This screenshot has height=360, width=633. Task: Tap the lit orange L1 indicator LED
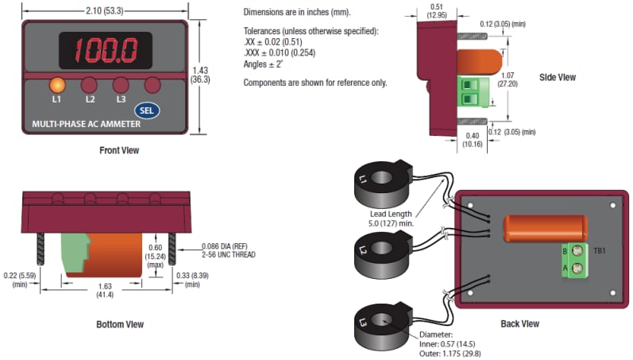point(56,85)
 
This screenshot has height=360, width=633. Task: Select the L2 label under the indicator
point(90,99)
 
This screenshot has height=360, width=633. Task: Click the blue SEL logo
point(145,110)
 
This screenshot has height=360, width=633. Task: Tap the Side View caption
point(557,77)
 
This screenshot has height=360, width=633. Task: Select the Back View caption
point(520,323)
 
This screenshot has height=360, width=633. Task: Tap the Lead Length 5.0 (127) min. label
point(392,218)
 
